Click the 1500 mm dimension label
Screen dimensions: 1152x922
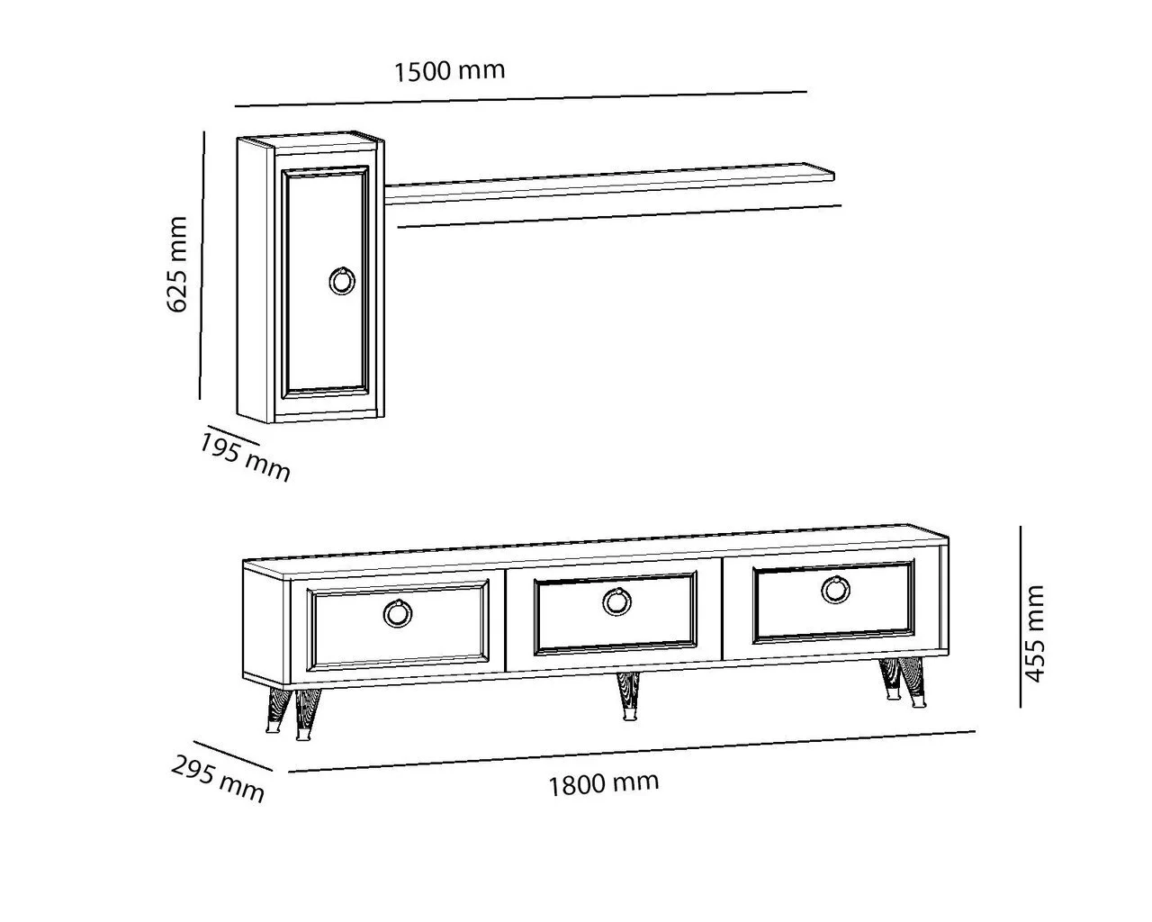(x=450, y=71)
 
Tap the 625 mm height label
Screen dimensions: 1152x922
(x=177, y=264)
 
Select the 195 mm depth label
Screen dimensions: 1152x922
(x=245, y=458)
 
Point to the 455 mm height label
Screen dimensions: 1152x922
(x=1034, y=634)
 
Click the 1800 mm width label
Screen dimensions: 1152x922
(x=604, y=784)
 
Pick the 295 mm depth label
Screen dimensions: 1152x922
(x=218, y=780)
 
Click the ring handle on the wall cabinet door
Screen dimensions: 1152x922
(x=342, y=280)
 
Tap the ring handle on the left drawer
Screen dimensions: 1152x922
(x=399, y=612)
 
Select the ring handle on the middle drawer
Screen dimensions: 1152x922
(x=617, y=601)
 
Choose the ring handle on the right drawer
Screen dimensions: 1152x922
(x=835, y=590)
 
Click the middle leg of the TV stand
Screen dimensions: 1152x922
(x=627, y=697)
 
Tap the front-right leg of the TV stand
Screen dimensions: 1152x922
(x=913, y=683)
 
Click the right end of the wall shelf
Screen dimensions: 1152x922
(x=834, y=176)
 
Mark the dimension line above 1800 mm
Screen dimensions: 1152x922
(x=632, y=752)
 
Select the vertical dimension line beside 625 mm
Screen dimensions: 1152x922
(x=202, y=266)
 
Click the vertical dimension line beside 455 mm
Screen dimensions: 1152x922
(x=1021, y=617)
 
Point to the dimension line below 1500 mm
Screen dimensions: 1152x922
(x=521, y=99)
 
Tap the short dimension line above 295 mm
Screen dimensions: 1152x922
(x=233, y=756)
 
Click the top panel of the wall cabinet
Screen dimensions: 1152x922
(x=310, y=141)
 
